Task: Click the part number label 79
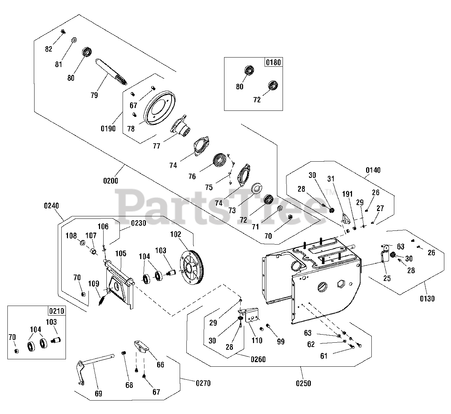click(94, 95)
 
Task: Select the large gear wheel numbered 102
click(193, 267)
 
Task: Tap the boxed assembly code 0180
click(273, 62)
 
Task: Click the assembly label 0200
click(111, 181)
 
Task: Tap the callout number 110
click(257, 340)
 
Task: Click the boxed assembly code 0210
click(56, 311)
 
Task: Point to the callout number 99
click(281, 342)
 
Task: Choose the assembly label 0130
click(427, 299)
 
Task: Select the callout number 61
click(324, 356)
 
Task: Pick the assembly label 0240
click(51, 205)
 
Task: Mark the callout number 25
click(387, 278)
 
